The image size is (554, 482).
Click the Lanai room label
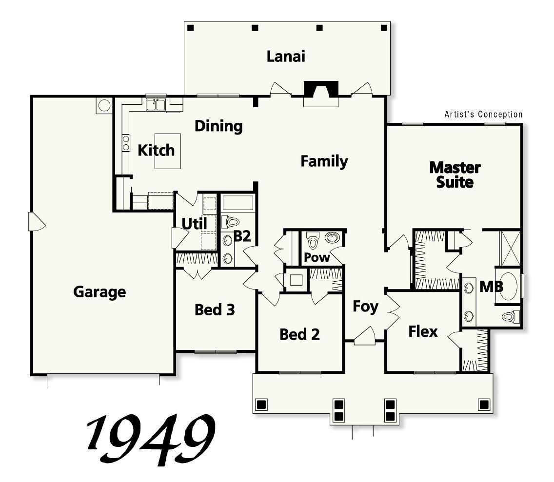[286, 57]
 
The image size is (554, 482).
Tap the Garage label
[99, 292]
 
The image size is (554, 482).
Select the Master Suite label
[455, 175]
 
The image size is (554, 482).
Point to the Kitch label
[156, 150]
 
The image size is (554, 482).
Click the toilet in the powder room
[313, 240]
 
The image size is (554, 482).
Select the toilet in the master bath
[510, 317]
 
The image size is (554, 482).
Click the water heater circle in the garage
[104, 105]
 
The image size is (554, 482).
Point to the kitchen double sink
[156, 104]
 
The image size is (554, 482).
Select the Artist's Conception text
[483, 115]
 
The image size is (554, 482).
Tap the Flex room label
[423, 332]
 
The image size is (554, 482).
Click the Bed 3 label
[215, 309]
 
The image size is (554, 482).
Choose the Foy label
[365, 307]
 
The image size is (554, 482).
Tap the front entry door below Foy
[364, 337]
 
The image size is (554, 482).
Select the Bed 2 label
[299, 334]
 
